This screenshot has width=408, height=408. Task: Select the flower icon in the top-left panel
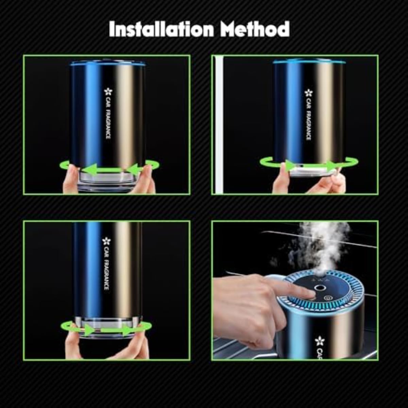coord(108,92)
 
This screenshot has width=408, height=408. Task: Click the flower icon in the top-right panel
coord(308,92)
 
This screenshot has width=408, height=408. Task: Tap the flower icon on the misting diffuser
coord(320,340)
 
